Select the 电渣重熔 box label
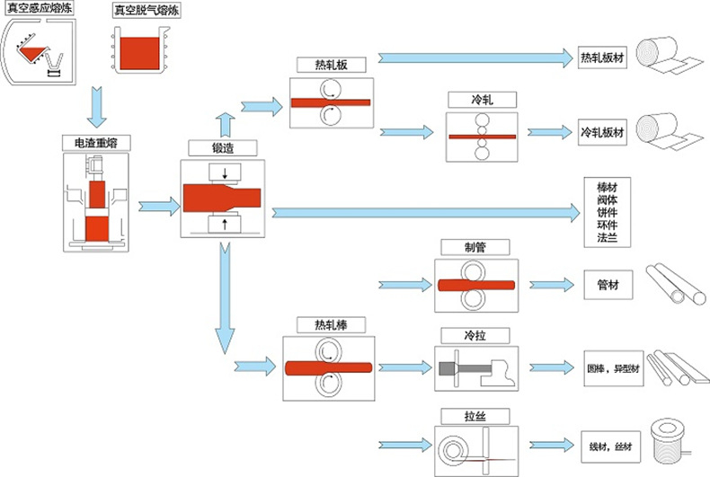96,142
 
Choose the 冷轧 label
482,100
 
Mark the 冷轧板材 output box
601,131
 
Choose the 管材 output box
608,285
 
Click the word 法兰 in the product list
608,240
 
